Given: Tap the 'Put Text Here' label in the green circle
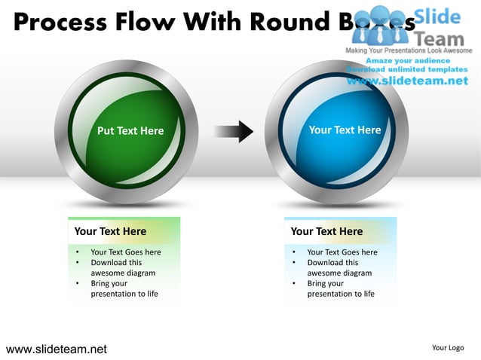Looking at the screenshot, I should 130,131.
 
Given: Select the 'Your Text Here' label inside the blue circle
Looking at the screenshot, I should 345,130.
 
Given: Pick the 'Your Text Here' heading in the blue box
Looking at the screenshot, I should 326,231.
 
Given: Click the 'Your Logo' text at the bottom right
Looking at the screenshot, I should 447,347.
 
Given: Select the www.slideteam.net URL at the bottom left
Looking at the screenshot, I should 57,349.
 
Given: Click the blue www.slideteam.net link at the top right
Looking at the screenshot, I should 407,81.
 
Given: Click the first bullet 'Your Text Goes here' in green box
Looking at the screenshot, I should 125,252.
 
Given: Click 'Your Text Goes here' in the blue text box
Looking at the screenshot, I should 342,252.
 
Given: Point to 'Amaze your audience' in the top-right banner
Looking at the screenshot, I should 407,60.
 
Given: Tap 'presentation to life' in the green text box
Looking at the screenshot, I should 124,294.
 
